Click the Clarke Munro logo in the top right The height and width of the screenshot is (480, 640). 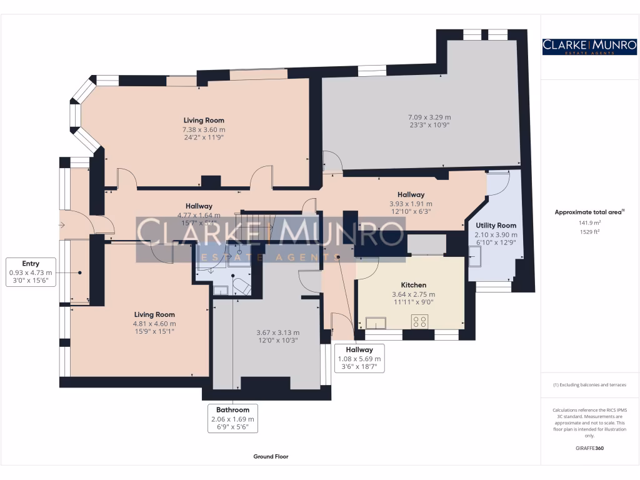[x=589, y=46]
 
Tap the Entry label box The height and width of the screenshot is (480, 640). [x=31, y=272]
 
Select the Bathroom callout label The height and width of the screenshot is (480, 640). [x=232, y=418]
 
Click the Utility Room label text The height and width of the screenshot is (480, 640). [x=496, y=225]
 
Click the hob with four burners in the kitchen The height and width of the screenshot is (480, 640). [x=419, y=322]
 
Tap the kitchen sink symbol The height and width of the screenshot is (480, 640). [x=377, y=322]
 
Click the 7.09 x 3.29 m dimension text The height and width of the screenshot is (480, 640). [x=429, y=117]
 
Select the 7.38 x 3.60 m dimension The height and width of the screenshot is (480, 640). [x=204, y=129]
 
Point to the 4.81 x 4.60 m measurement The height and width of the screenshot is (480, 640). [x=154, y=324]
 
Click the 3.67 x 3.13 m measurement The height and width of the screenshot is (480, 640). [x=278, y=332]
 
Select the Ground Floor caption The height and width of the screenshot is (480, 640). [x=271, y=457]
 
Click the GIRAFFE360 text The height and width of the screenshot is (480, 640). [x=589, y=448]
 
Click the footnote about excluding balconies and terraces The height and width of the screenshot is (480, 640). [x=589, y=385]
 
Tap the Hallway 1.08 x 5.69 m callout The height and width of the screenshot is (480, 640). [x=359, y=359]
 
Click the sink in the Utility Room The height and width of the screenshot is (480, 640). [x=476, y=252]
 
